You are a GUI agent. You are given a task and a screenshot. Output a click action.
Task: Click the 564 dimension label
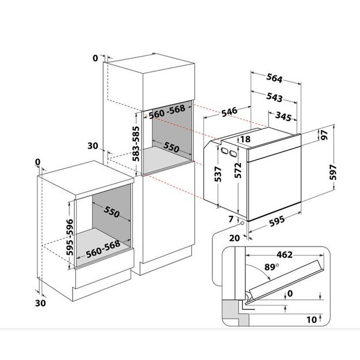(x=274, y=78)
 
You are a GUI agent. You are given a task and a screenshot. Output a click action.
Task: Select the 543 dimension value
(x=274, y=97)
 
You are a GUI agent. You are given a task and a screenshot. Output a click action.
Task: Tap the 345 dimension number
(x=283, y=116)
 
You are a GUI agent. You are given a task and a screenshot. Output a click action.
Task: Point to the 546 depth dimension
(x=229, y=112)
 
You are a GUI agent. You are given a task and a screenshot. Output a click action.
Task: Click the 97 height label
(x=324, y=135)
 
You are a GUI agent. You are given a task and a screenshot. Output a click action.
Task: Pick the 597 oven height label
(x=333, y=172)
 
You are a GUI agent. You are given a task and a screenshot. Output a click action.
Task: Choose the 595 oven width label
(x=277, y=221)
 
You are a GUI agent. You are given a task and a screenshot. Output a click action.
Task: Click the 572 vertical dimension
(x=238, y=170)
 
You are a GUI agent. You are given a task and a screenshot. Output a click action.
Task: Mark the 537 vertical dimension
(x=218, y=174)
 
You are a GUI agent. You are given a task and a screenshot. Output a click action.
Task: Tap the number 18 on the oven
(x=245, y=139)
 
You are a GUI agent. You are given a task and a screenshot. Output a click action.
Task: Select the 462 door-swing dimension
(x=285, y=255)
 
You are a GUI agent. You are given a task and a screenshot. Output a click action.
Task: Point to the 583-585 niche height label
(x=137, y=143)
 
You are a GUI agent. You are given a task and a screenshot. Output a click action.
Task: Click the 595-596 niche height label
(x=70, y=237)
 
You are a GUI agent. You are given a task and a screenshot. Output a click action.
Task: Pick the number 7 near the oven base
(x=231, y=219)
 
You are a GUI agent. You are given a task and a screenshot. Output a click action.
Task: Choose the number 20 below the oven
(x=234, y=238)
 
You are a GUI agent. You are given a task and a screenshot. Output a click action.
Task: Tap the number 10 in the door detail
(x=312, y=320)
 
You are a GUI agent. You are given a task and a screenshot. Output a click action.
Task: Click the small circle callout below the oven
(x=242, y=223)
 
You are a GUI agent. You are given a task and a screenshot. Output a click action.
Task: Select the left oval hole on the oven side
(x=223, y=150)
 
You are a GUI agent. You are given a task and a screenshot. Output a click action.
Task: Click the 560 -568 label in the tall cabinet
(x=167, y=112)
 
